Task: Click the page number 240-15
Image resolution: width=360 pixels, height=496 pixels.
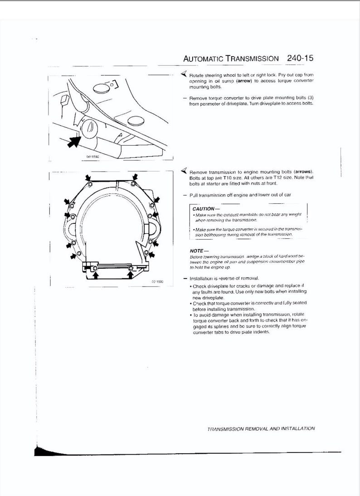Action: pos(301,59)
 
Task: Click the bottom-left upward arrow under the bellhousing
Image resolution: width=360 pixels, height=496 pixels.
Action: pos(95,275)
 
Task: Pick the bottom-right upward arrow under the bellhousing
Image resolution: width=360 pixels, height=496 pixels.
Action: pos(131,275)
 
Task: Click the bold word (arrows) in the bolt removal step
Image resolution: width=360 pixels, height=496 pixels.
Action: pos(303,172)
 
